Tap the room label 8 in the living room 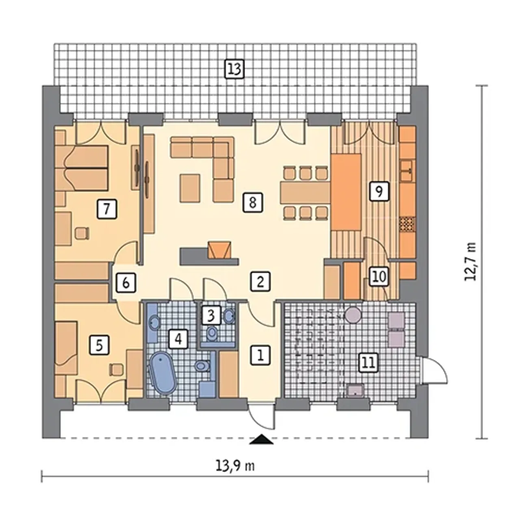click(253, 202)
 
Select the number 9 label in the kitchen click(379, 191)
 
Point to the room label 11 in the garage click(369, 363)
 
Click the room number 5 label click(99, 345)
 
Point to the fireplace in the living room click(219, 250)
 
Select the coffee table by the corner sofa click(190, 188)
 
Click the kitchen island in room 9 click(346, 192)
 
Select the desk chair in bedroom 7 click(82, 233)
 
